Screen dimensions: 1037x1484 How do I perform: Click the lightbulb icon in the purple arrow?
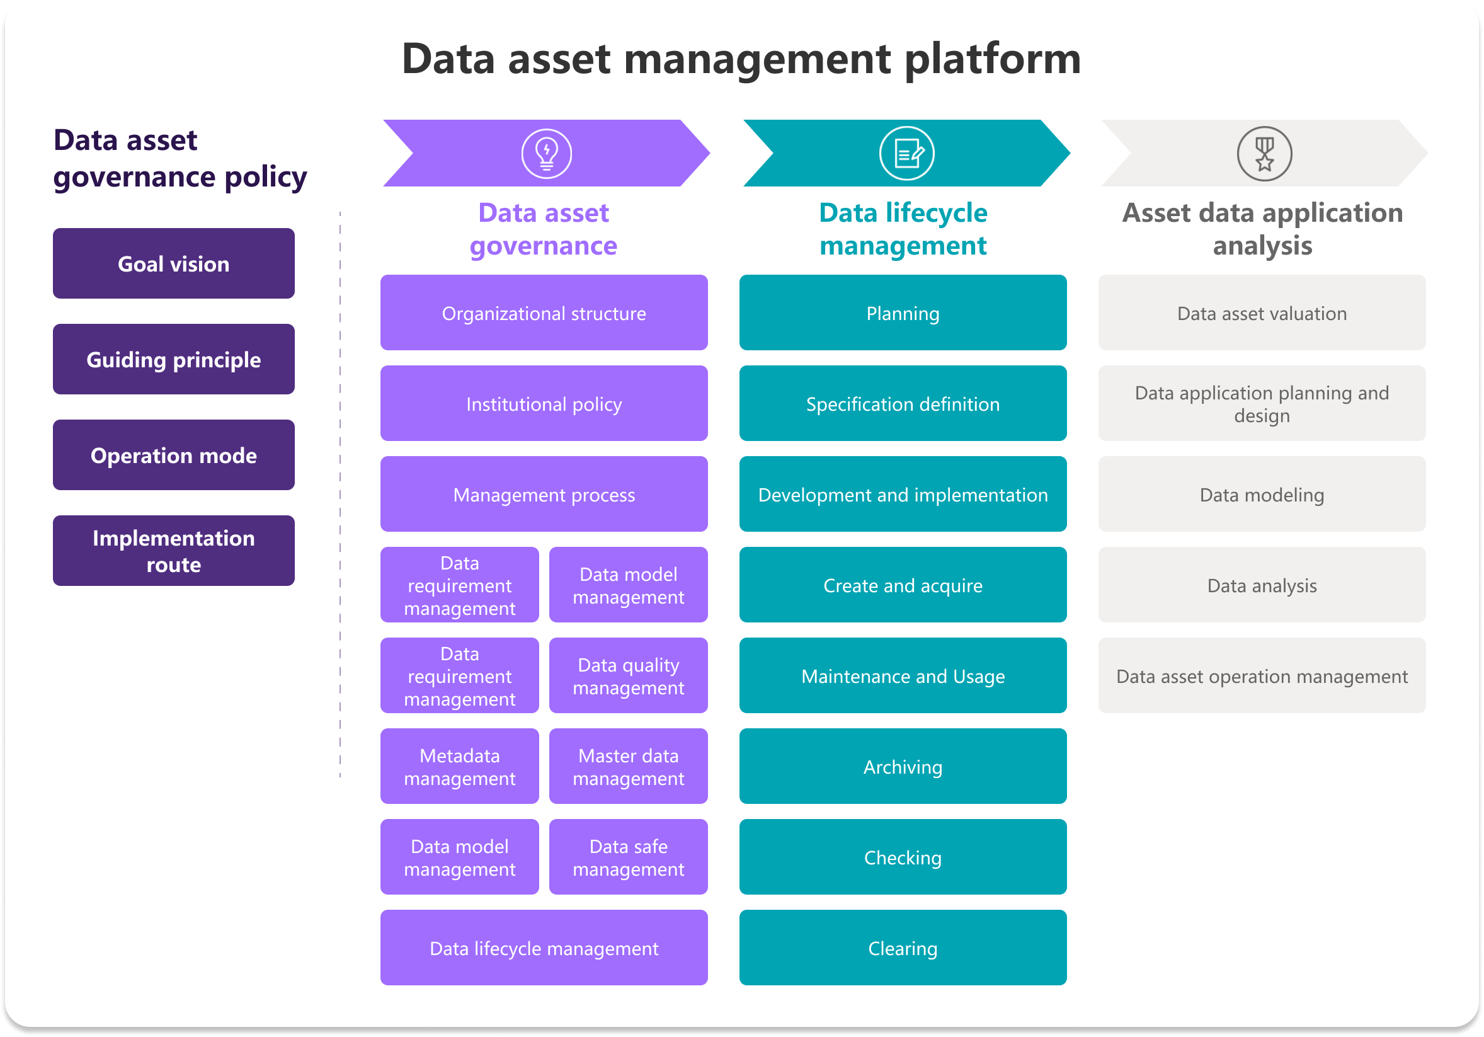tap(546, 153)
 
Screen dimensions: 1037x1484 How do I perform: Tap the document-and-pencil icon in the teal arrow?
tap(906, 153)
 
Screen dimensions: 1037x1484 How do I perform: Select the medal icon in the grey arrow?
tap(1264, 153)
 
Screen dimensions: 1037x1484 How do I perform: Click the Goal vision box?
tap(173, 263)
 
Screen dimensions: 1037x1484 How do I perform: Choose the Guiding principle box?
tap(173, 359)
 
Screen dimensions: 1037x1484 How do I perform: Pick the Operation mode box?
tap(173, 454)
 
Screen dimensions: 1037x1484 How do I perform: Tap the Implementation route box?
tap(173, 550)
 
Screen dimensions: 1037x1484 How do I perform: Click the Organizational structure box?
tap(544, 313)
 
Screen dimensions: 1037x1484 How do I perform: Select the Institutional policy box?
tap(544, 403)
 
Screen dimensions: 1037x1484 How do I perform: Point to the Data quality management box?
tap(628, 675)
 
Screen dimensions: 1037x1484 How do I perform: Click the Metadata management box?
tap(459, 766)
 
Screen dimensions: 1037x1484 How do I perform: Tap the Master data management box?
tap(628, 766)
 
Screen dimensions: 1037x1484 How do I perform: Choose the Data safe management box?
tap(628, 857)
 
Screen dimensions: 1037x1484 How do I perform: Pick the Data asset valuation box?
tap(1262, 313)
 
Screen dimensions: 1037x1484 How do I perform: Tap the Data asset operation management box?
tap(1262, 675)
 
